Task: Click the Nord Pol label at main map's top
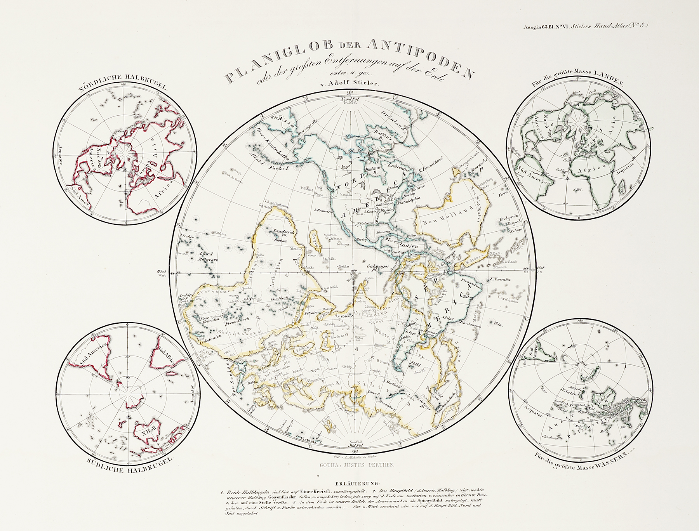(351, 99)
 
